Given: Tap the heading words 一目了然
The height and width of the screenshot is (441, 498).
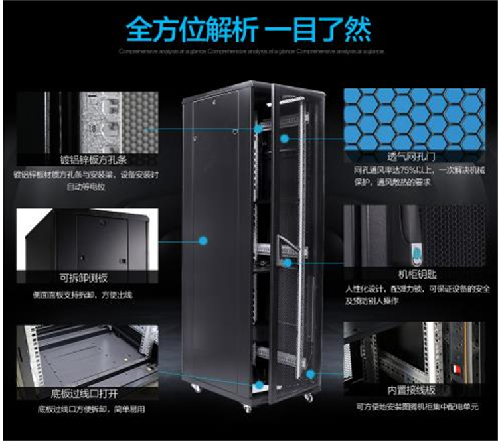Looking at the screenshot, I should tap(319, 27).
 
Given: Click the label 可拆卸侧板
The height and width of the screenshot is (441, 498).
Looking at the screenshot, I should tap(84, 278).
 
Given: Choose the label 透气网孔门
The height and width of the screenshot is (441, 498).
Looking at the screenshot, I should tap(411, 158).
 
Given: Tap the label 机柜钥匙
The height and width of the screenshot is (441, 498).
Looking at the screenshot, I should tap(411, 273).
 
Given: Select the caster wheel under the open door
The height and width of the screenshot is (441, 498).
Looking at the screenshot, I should tap(308, 397).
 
